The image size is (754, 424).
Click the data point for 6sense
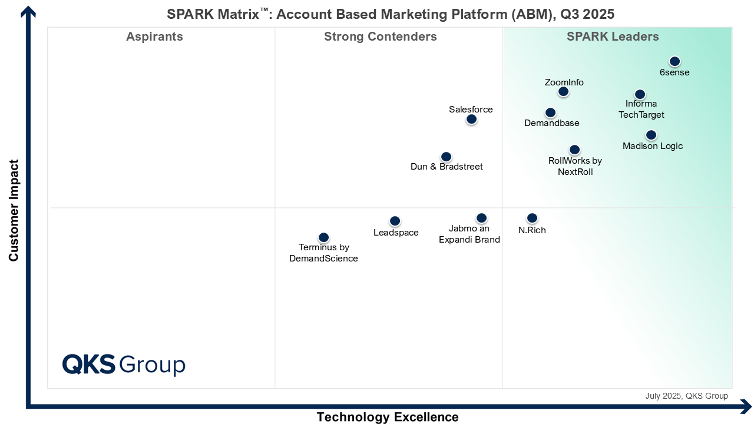[674, 61]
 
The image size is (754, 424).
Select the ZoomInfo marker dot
[563, 91]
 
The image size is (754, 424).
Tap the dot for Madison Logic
[651, 135]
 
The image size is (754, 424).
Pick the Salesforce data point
[471, 120]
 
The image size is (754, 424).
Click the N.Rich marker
[532, 218]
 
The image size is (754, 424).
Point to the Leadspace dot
[395, 221]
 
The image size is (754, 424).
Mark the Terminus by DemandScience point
[323, 237]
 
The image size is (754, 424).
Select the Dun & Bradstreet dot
[446, 157]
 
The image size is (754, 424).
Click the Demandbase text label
[551, 123]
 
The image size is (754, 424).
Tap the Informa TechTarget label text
[641, 110]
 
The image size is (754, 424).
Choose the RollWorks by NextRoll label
[575, 166]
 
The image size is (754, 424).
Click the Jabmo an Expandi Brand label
[469, 234]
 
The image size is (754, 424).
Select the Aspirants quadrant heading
[154, 37]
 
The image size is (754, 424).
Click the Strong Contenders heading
[380, 37]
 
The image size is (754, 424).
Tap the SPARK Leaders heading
[613, 37]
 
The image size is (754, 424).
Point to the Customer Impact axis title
[14, 210]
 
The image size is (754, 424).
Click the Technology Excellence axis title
[387, 417]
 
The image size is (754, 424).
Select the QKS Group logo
[124, 365]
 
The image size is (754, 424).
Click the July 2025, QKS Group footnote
[686, 396]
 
